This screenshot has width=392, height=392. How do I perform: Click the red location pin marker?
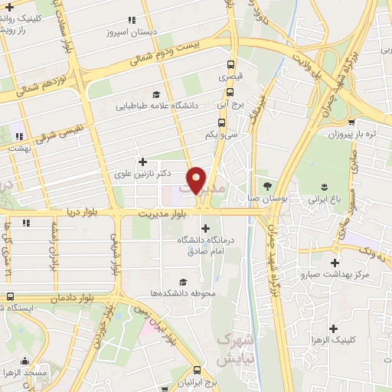tap(197, 179)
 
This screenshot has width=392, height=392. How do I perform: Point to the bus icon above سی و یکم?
tap(221, 122)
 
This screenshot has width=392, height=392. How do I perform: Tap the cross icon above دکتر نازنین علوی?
tap(142, 162)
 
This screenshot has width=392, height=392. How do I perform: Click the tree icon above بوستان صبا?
tap(266, 186)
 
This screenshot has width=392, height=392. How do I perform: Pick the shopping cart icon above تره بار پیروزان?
tap(351, 121)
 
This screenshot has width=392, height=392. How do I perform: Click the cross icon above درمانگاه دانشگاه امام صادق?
tap(204, 228)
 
